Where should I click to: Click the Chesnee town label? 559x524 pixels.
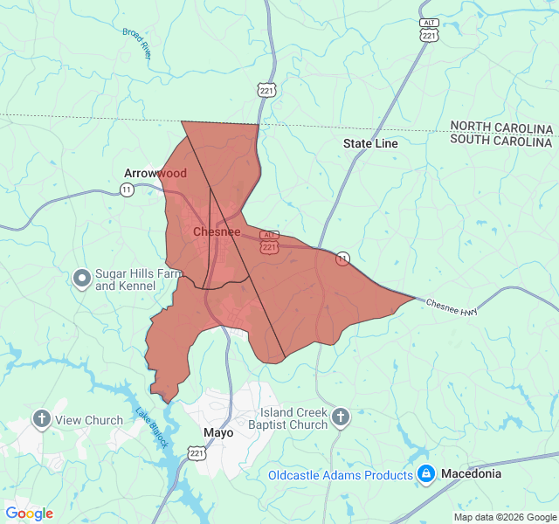tap(216, 232)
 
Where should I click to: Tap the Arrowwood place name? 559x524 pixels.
tap(155, 173)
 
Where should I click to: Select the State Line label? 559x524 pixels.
tap(370, 143)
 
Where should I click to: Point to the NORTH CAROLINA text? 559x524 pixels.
tap(501, 128)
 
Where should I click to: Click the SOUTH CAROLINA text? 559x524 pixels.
tap(501, 141)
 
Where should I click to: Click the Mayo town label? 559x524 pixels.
tap(218, 432)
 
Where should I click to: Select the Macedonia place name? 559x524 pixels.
tap(472, 473)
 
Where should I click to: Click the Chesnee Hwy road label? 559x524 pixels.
tap(452, 308)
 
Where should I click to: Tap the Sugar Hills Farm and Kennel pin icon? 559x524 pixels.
tap(82, 279)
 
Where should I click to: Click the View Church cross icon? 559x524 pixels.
tap(41, 419)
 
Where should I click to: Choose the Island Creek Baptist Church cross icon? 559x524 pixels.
tap(341, 417)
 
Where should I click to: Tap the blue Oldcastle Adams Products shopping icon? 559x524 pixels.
tap(426, 474)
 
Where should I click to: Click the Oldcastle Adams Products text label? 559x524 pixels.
tap(341, 475)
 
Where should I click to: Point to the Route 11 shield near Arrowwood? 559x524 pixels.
tap(128, 190)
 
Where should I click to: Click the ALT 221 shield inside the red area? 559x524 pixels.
tap(269, 242)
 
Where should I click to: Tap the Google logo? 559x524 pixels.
tap(30, 514)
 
